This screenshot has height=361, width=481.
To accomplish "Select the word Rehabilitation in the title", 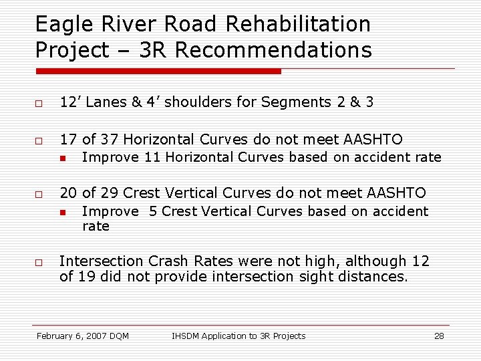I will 298,25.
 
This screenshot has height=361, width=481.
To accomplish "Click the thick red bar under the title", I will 158,71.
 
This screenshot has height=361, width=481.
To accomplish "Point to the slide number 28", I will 439,336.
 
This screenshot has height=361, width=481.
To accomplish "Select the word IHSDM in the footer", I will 186,336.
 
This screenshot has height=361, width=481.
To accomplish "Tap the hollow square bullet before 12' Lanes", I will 39,103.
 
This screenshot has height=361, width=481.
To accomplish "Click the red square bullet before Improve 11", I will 61,158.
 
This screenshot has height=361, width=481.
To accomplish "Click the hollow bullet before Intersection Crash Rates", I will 39,262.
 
